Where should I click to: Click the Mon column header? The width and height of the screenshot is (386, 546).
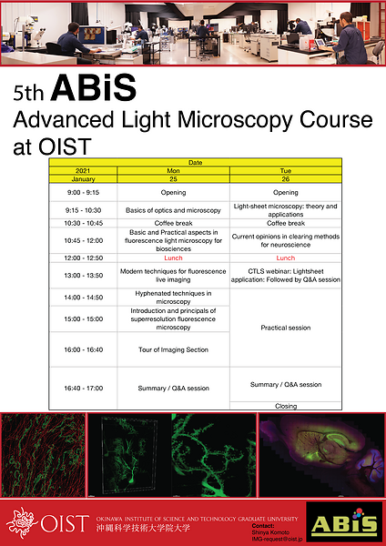tap(171, 170)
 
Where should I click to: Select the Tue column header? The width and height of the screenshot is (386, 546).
tap(286, 170)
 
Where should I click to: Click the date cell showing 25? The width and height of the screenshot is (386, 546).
tap(171, 178)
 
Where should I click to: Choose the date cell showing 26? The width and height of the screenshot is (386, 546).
tap(286, 178)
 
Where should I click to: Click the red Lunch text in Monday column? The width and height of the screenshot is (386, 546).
tap(172, 258)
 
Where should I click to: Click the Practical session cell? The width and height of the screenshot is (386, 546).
tap(286, 328)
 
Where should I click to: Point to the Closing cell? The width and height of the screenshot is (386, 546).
tap(286, 405)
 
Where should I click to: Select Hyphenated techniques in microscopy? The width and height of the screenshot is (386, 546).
tap(172, 297)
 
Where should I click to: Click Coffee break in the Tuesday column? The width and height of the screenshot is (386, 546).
tap(286, 223)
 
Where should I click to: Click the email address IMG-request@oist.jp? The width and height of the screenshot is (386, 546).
tap(275, 539)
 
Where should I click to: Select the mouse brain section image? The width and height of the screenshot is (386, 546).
tap(320, 455)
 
